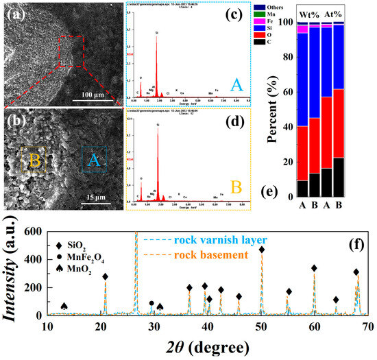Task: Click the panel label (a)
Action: [15, 10]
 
